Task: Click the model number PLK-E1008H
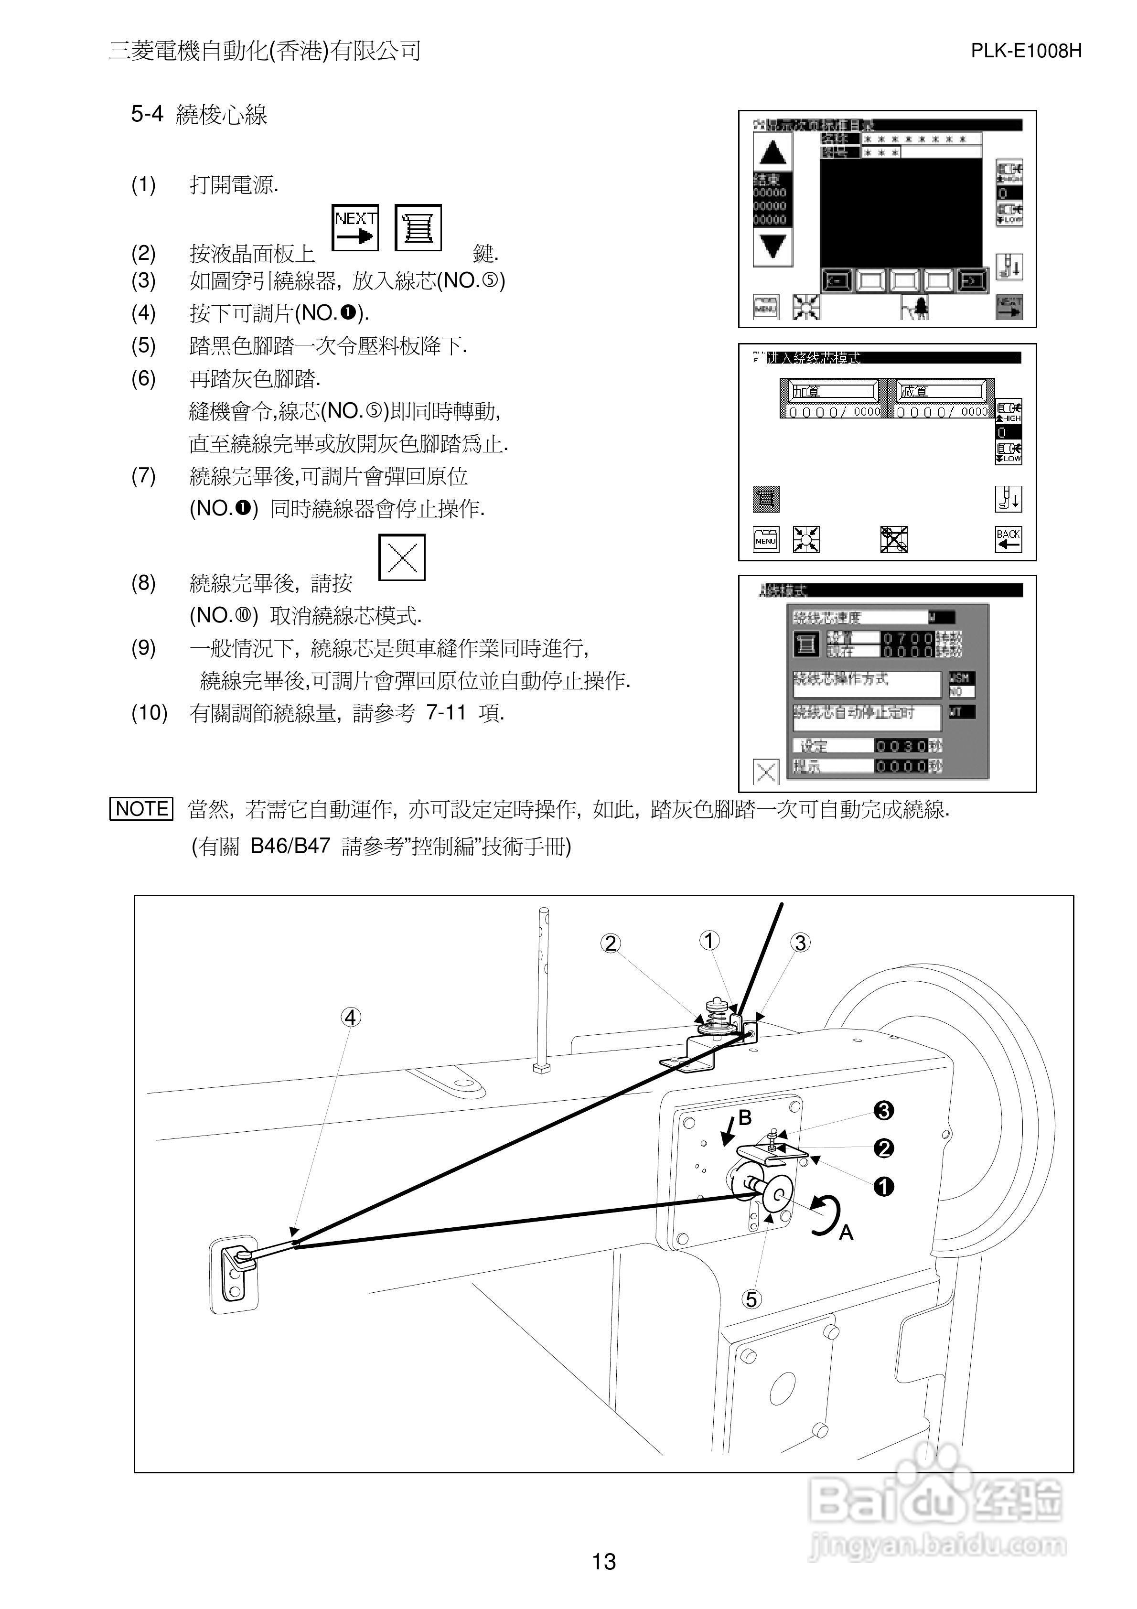(x=1026, y=51)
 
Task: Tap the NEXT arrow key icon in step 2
(x=355, y=228)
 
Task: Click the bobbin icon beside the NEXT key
(x=418, y=228)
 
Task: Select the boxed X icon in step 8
(x=402, y=558)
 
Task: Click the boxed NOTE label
(x=141, y=809)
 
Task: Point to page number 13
(x=603, y=1561)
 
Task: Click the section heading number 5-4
(x=147, y=114)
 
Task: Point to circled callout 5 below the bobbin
(x=751, y=1300)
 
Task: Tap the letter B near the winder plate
(x=745, y=1118)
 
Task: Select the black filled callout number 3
(x=884, y=1111)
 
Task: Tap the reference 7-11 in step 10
(x=446, y=713)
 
